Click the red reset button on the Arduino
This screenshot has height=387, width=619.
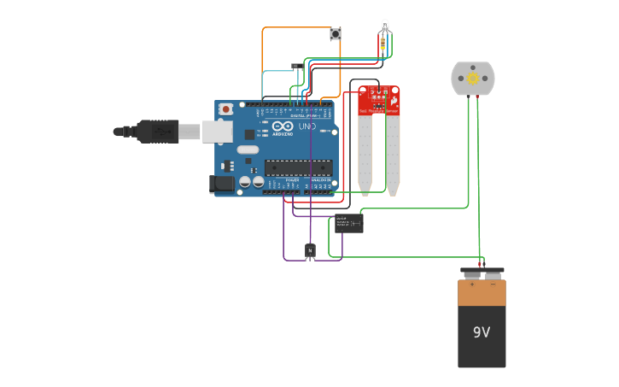tap(225, 109)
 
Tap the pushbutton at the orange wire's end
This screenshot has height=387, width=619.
tap(336, 34)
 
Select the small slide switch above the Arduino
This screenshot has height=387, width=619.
tap(297, 66)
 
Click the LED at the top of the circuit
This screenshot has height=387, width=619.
tap(385, 25)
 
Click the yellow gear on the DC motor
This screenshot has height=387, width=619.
tap(472, 78)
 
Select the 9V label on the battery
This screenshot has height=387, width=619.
tap(482, 331)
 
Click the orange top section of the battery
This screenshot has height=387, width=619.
tap(482, 292)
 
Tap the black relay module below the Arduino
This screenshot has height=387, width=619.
tap(348, 223)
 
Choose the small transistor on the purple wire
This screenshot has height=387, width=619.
tap(310, 249)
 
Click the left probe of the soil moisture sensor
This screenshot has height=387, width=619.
tap(365, 154)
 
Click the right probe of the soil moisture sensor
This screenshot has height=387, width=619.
tap(393, 154)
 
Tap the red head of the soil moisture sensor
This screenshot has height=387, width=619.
tap(378, 100)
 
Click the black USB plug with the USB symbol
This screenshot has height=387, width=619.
tap(157, 132)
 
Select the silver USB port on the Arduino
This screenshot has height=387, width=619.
tap(217, 131)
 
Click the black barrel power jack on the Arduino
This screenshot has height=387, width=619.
tap(223, 184)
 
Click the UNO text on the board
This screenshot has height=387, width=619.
tap(307, 127)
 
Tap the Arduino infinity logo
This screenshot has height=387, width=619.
tap(283, 126)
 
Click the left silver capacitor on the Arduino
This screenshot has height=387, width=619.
tap(245, 182)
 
